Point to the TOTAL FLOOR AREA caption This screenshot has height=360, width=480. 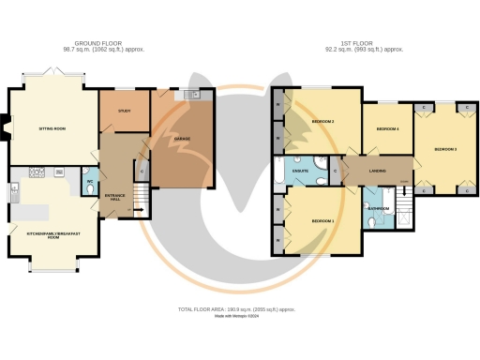pos(236,308)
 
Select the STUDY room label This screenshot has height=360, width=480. pos(124,111)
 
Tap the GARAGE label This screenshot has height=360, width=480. pos(182,140)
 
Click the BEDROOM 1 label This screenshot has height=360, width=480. pos(323,220)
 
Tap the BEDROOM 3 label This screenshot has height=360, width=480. pos(444,149)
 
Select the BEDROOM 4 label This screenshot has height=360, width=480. pos(387,128)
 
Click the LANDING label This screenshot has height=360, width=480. pos(379,171)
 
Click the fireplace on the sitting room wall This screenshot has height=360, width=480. pos(7,126)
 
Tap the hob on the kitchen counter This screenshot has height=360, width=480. pos(37,172)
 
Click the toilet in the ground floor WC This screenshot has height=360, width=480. pos(89,187)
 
